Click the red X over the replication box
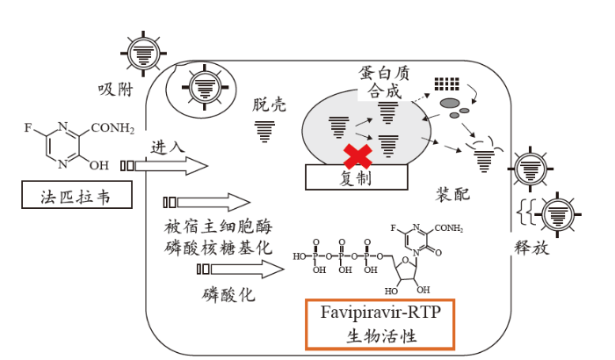(357, 156)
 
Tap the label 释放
(531, 248)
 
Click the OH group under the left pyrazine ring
(100, 164)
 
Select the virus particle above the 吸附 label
(141, 54)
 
